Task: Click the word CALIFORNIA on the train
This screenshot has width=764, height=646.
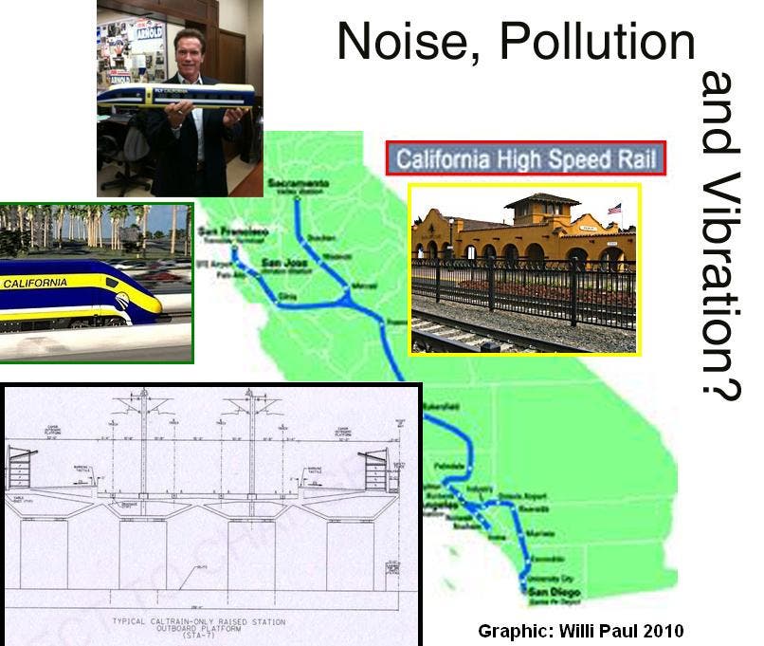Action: point(35,283)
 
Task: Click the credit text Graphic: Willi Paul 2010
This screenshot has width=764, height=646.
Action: point(580,630)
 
